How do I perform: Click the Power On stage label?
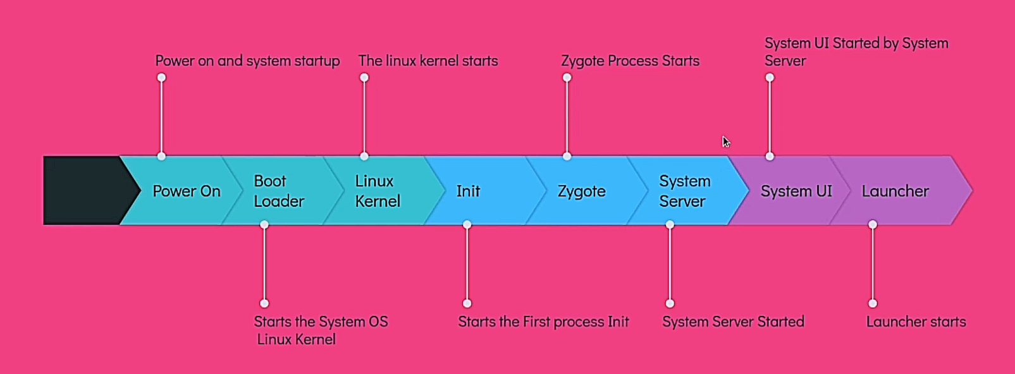pos(186,191)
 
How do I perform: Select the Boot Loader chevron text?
pos(278,191)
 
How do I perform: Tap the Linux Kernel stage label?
pos(378,191)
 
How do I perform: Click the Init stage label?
pos(468,191)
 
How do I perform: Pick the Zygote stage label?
pos(581,191)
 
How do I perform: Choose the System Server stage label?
pos(684,191)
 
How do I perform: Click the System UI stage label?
pos(796,191)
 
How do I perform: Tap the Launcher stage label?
pos(895,191)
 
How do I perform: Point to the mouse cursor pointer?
pos(725,142)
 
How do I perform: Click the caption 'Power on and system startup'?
pos(247,61)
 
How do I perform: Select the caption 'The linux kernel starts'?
pos(428,61)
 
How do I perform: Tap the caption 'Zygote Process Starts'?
pos(630,61)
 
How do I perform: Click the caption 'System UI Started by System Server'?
pos(856,52)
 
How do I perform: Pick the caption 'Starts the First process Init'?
pos(543,322)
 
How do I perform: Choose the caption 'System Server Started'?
pos(733,322)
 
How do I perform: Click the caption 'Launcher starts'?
pos(916,322)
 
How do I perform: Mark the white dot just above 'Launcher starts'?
pos(873,303)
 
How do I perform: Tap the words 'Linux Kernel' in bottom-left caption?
pos(296,339)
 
